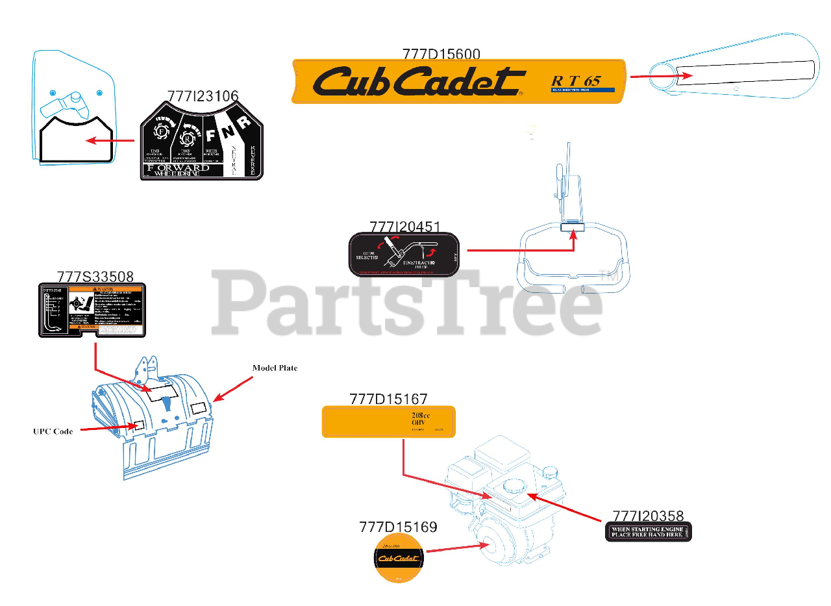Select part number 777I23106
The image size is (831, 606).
203,95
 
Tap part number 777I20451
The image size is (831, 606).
405,227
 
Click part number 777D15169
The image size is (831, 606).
398,527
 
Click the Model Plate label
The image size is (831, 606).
275,368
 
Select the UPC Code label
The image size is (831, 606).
53,431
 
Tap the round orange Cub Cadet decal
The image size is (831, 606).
398,558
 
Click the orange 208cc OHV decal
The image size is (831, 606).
389,422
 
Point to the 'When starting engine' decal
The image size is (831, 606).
648,532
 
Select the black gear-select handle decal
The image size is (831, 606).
404,255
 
